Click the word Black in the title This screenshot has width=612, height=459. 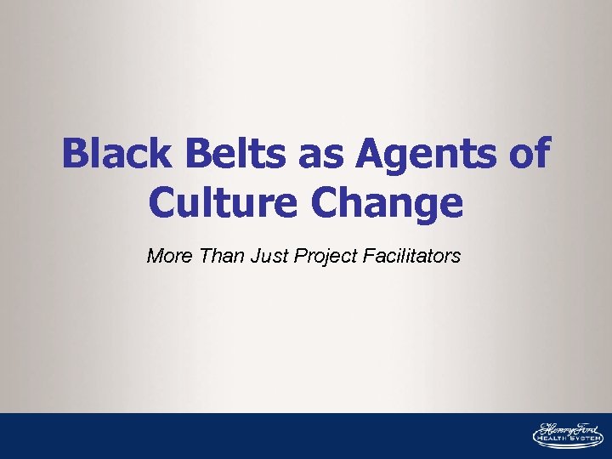click(109, 156)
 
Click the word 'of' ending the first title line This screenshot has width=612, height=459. click(529, 156)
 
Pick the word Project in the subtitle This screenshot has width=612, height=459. click(321, 256)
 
